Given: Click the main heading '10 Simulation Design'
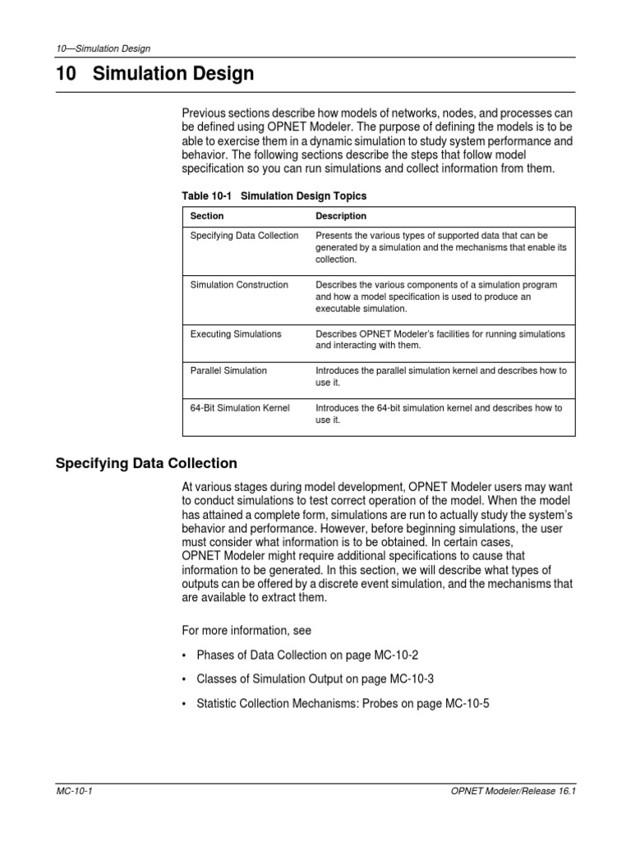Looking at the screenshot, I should pos(155,75).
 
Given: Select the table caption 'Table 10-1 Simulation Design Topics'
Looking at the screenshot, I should pos(274,195).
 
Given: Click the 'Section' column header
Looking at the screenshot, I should pos(207,216).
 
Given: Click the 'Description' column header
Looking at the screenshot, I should pos(341,216).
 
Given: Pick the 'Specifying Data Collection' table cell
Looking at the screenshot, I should pos(244,236).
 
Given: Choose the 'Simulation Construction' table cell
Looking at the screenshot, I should pos(239,285).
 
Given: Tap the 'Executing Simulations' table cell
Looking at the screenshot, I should pos(236,334).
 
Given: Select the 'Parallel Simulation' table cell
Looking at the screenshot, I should pos(228,370).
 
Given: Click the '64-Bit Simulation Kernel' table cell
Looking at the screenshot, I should pos(240,408).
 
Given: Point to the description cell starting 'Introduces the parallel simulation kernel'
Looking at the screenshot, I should pos(441,377).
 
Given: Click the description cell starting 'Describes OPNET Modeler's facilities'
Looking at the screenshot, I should pos(440,340).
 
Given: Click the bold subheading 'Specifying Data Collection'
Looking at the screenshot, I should pos(146,463).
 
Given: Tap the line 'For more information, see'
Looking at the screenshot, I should pos(246,630).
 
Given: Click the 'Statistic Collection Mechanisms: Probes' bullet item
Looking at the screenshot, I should pos(343,704).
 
